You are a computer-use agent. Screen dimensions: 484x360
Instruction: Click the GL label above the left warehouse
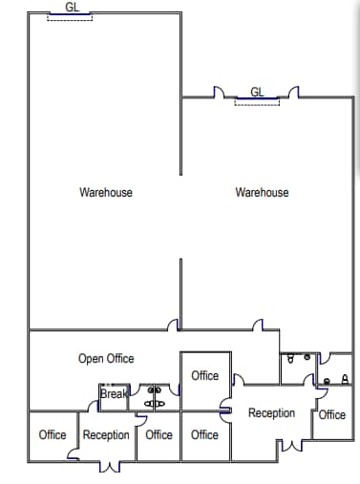tap(73, 6)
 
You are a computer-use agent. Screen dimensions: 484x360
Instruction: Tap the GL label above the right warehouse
tap(257, 92)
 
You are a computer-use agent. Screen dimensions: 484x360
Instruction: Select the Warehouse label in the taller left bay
tap(106, 193)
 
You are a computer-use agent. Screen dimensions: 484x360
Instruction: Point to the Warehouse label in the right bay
tap(262, 193)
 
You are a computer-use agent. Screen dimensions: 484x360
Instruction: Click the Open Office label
tap(106, 359)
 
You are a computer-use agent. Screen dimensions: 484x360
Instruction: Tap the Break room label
tap(114, 393)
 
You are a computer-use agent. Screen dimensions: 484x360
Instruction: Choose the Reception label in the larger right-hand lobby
tap(271, 413)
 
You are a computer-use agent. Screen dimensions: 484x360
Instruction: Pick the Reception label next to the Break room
tap(106, 435)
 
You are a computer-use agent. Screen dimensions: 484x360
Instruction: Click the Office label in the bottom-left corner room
tap(53, 435)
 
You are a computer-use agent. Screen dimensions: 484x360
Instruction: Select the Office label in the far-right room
tap(332, 414)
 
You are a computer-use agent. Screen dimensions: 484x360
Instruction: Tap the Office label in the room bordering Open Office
tap(205, 376)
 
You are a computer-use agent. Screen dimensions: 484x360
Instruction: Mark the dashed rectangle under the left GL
tap(72, 16)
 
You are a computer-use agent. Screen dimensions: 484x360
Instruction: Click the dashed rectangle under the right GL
tap(257, 102)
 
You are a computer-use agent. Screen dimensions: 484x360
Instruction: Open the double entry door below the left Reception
tap(114, 467)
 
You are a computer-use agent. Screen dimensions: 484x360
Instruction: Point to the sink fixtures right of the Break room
tap(153, 397)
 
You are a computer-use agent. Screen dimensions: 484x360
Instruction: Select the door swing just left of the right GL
tap(220, 92)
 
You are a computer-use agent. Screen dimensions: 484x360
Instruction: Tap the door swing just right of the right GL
tap(294, 92)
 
